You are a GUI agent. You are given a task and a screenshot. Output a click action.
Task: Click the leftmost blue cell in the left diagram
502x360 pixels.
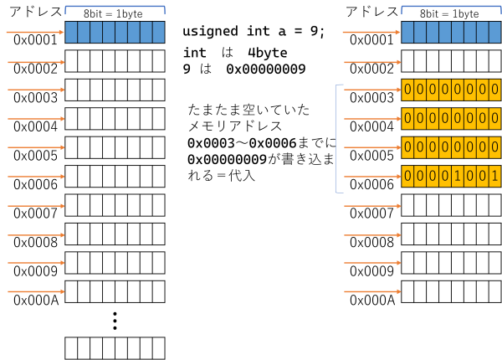71,32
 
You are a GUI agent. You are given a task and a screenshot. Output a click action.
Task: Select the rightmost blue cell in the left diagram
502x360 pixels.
158,32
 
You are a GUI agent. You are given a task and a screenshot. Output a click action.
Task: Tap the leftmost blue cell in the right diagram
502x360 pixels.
407,32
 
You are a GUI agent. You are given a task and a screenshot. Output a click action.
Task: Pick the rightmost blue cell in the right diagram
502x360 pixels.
494,32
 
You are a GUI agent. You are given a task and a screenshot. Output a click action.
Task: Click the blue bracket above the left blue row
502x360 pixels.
115,7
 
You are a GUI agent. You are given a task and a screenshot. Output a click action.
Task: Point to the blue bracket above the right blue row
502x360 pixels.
451,7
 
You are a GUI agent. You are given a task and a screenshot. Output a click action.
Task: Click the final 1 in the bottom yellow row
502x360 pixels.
494,176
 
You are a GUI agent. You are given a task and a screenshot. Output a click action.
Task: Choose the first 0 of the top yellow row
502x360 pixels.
407,90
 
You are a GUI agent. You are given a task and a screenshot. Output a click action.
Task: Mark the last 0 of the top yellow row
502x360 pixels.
494,90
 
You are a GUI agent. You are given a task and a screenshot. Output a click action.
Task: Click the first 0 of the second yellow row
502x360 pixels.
407,119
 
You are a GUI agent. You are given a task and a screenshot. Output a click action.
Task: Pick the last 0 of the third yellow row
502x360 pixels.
494,147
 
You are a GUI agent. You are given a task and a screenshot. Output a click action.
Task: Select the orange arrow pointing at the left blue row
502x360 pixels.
34,33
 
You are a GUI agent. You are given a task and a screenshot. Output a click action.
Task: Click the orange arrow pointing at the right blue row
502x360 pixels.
371,33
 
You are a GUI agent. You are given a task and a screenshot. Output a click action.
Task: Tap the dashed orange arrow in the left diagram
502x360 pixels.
36,62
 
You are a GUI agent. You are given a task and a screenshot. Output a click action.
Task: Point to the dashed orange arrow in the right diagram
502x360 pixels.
372,62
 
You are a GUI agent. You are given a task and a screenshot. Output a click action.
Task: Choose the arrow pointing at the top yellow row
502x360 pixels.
372,90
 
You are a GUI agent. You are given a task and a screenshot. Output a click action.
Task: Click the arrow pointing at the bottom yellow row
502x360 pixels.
372,177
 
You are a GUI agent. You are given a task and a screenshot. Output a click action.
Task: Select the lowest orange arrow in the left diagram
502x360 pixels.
36,291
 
